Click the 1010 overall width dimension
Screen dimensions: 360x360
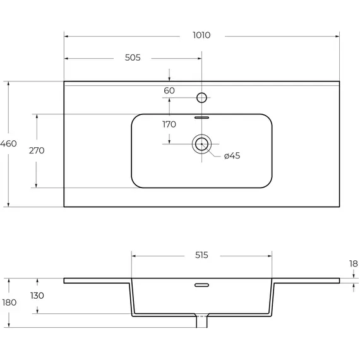[x=201, y=35]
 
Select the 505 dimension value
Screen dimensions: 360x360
[x=133, y=57]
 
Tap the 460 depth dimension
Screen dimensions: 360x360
[x=8, y=144]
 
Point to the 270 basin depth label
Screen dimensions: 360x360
[x=37, y=150]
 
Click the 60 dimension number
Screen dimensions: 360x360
[x=169, y=91]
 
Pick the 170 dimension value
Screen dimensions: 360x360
[x=169, y=124]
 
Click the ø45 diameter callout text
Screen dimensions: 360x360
[x=232, y=155]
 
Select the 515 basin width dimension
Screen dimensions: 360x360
[x=201, y=255]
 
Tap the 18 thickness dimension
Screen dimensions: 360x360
[x=354, y=263]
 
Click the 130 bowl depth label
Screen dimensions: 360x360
[x=37, y=296]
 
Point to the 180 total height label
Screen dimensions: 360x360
[x=9, y=303]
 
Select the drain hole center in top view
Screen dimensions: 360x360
[x=202, y=144]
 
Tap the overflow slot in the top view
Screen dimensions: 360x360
[x=202, y=117]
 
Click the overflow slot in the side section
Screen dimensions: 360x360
[x=202, y=285]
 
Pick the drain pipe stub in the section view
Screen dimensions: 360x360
[x=202, y=322]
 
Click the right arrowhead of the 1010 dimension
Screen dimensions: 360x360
[x=337, y=36]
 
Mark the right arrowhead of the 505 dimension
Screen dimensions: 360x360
[x=200, y=59]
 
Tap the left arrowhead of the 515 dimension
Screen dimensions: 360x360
[x=134, y=256]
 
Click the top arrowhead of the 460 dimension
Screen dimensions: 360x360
[x=8, y=83]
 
